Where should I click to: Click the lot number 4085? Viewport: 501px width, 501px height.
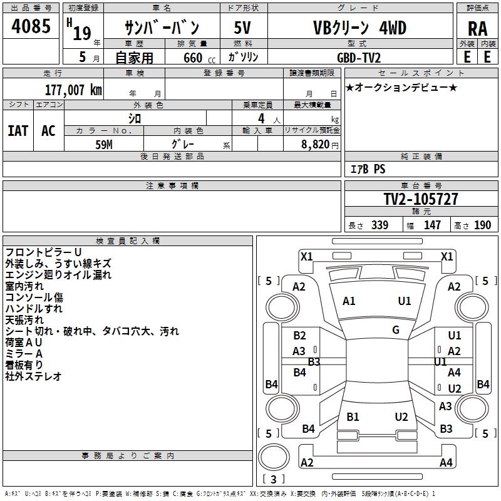pyautogui.click(x=31, y=28)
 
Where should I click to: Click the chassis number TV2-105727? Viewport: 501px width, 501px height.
pyautogui.click(x=420, y=200)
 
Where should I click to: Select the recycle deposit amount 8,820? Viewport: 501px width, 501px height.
pyautogui.click(x=315, y=143)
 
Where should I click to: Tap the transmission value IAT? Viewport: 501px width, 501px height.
pyautogui.click(x=18, y=131)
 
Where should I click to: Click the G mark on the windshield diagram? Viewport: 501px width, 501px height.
pyautogui.click(x=396, y=330)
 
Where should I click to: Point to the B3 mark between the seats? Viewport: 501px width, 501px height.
pyautogui.click(x=314, y=361)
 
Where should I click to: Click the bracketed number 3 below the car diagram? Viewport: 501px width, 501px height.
pyautogui.click(x=273, y=479)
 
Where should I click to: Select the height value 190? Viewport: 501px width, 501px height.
pyautogui.click(x=482, y=225)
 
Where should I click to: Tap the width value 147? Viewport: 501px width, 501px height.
pyautogui.click(x=432, y=225)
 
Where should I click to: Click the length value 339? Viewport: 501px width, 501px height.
pyautogui.click(x=380, y=225)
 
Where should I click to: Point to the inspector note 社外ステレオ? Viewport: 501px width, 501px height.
pyautogui.click(x=33, y=376)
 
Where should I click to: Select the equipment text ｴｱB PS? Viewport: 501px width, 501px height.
pyautogui.click(x=367, y=169)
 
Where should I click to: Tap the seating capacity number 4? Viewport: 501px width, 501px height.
pyautogui.click(x=260, y=118)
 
